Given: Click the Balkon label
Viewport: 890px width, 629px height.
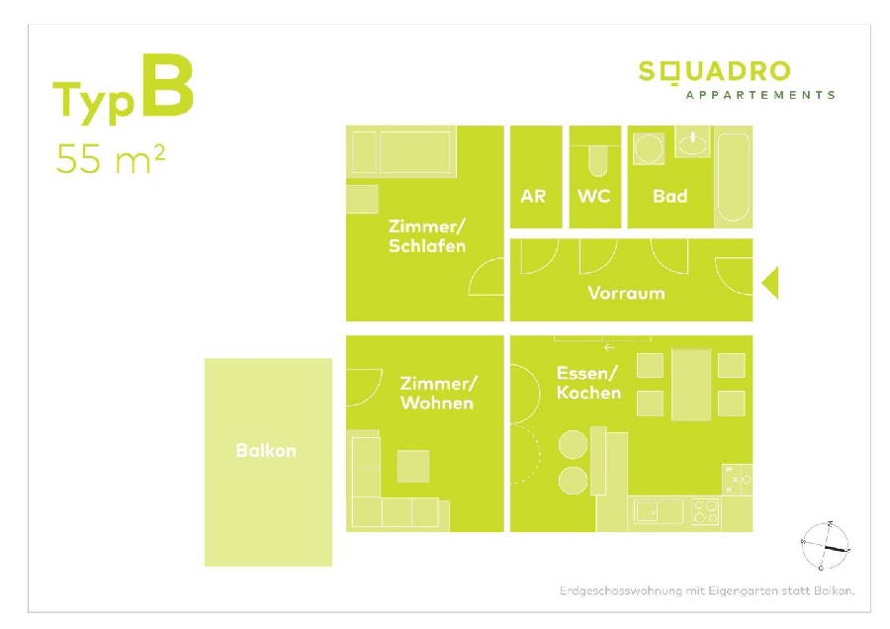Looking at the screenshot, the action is (266, 451).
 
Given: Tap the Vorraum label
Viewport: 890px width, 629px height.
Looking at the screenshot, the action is (626, 293).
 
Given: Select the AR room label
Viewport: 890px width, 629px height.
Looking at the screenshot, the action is (533, 197).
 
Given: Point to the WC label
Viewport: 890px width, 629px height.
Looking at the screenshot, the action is (593, 197).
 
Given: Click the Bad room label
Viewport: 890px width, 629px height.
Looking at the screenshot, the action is (669, 197).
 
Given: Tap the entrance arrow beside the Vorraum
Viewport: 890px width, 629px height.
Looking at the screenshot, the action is (770, 282).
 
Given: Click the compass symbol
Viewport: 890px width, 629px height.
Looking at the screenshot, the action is (826, 546).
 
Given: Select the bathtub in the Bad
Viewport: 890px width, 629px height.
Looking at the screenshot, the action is (734, 177).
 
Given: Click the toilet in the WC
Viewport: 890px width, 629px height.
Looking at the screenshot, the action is (597, 161).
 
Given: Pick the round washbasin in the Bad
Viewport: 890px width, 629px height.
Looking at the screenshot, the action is (648, 149).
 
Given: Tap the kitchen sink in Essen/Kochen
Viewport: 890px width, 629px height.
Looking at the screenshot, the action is (659, 511).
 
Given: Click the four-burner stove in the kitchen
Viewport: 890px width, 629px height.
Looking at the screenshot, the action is (706, 511).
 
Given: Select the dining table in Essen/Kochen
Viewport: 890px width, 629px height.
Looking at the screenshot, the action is (691, 385).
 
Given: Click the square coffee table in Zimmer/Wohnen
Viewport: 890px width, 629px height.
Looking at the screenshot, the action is (413, 466).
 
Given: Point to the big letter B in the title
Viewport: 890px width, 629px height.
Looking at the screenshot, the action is (167, 86).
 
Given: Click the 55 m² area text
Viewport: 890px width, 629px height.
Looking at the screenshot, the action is (111, 158).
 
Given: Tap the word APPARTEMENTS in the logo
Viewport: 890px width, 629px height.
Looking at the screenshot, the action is (760, 95).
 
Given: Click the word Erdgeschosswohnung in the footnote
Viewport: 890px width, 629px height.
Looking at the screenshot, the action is (621, 591).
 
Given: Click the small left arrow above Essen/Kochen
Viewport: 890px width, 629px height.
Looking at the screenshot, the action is (609, 347).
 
